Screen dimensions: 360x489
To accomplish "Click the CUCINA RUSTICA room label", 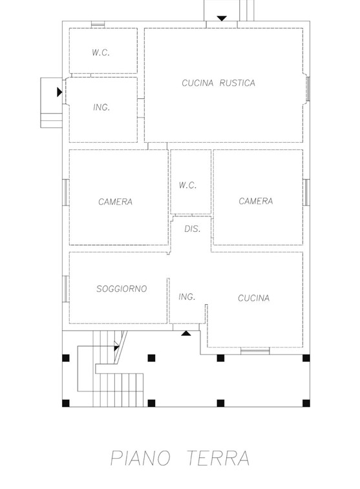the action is [218, 83].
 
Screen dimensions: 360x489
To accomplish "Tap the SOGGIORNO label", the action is [122, 289].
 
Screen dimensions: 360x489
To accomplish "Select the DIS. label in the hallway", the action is [192, 229].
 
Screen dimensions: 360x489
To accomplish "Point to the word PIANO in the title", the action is [140, 458].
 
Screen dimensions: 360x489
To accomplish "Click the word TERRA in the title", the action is [218, 458].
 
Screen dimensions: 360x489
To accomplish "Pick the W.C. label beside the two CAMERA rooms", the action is [188, 185].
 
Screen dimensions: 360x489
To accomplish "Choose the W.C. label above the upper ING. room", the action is [101, 52].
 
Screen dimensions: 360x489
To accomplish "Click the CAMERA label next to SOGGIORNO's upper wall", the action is [116, 202].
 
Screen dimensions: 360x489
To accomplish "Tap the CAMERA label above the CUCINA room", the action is [256, 201].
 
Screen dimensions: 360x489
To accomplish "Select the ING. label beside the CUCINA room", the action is [187, 297].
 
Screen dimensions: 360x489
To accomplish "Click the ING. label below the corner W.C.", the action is [101, 108].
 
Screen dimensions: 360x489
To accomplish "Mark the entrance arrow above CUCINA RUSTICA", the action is [222, 18].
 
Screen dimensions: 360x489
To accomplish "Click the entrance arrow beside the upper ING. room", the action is [59, 92].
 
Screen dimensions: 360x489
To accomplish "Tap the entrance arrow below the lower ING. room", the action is [186, 333].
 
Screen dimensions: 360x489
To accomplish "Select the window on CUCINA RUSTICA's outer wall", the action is [307, 89].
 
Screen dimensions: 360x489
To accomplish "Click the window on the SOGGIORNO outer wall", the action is [65, 289].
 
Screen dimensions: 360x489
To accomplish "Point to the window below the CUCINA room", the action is [255, 351].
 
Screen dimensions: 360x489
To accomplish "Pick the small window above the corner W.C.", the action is [98, 24].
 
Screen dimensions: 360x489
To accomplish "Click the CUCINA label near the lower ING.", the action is [253, 298].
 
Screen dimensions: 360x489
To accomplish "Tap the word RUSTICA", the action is [237, 83].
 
